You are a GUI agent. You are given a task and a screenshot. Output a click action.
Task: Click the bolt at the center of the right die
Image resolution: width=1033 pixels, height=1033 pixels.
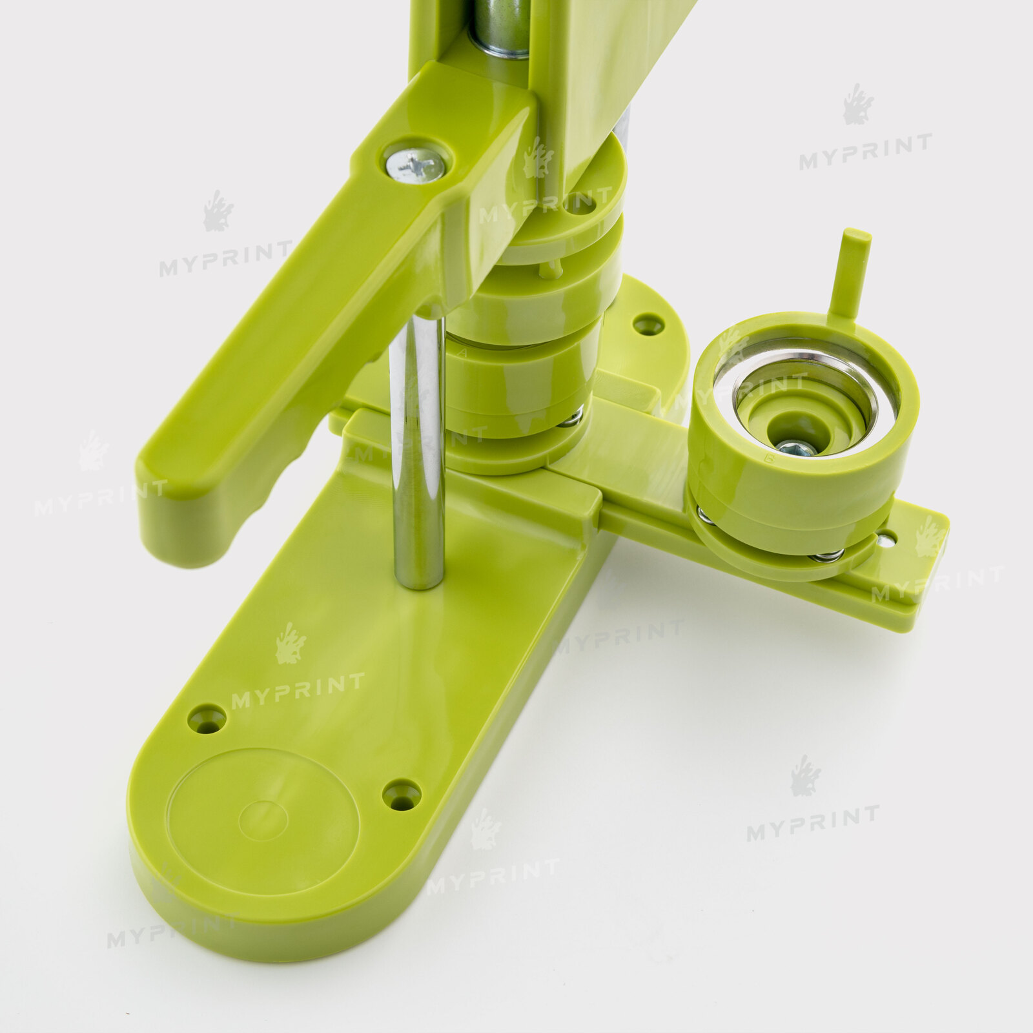[x=796, y=447]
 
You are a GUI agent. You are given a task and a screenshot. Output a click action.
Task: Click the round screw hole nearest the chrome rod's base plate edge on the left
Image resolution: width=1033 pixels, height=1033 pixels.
[x=207, y=719]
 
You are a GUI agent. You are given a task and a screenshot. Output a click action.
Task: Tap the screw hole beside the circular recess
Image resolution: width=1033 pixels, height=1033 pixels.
[x=402, y=795]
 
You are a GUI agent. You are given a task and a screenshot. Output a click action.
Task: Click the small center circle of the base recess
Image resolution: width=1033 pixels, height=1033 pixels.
[x=263, y=821]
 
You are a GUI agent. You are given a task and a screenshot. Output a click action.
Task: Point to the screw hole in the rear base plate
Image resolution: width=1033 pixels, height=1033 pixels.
[x=648, y=324]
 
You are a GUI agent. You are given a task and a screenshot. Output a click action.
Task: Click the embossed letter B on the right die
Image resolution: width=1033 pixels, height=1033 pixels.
[x=769, y=459]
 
